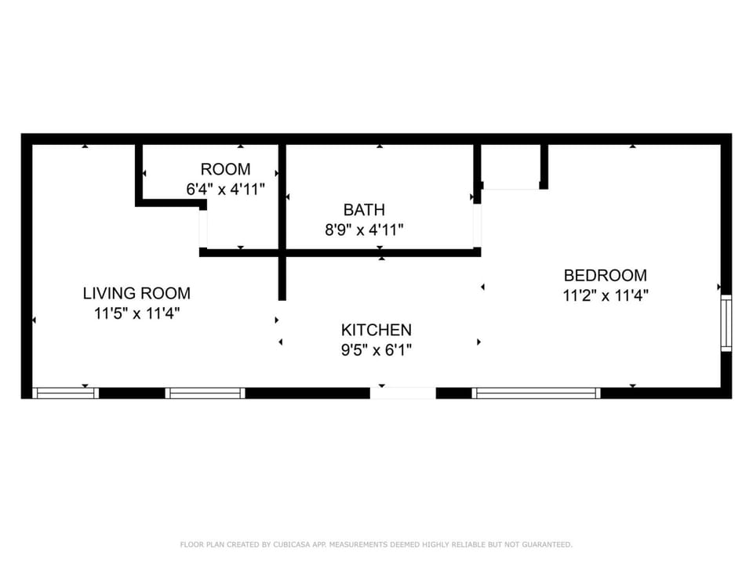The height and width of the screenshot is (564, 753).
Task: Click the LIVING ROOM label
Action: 136,293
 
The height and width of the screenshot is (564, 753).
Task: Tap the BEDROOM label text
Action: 605,275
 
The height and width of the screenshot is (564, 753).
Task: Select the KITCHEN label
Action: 376,330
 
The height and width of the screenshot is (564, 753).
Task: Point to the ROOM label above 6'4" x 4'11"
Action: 225,169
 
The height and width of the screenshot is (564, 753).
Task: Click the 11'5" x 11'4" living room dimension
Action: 136,313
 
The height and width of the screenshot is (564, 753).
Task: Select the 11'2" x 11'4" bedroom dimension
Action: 606,295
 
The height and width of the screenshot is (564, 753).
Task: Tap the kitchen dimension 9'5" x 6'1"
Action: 376,350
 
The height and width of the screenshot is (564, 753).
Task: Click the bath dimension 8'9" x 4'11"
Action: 364,230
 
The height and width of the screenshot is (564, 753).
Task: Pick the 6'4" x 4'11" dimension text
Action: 225,190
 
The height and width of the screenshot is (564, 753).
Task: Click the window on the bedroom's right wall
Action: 726,324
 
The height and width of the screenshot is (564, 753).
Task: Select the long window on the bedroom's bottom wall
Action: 536,393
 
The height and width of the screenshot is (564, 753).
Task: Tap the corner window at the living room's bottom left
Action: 65,393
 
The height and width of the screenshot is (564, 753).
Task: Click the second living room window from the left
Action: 205,393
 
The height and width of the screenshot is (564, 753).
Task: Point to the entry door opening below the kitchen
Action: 403,393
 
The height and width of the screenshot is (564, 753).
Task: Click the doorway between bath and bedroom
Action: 477,226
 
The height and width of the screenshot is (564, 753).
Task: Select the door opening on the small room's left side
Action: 203,230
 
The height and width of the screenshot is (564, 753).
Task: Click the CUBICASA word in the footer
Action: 292,544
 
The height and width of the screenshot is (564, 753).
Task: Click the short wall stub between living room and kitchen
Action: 282,279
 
